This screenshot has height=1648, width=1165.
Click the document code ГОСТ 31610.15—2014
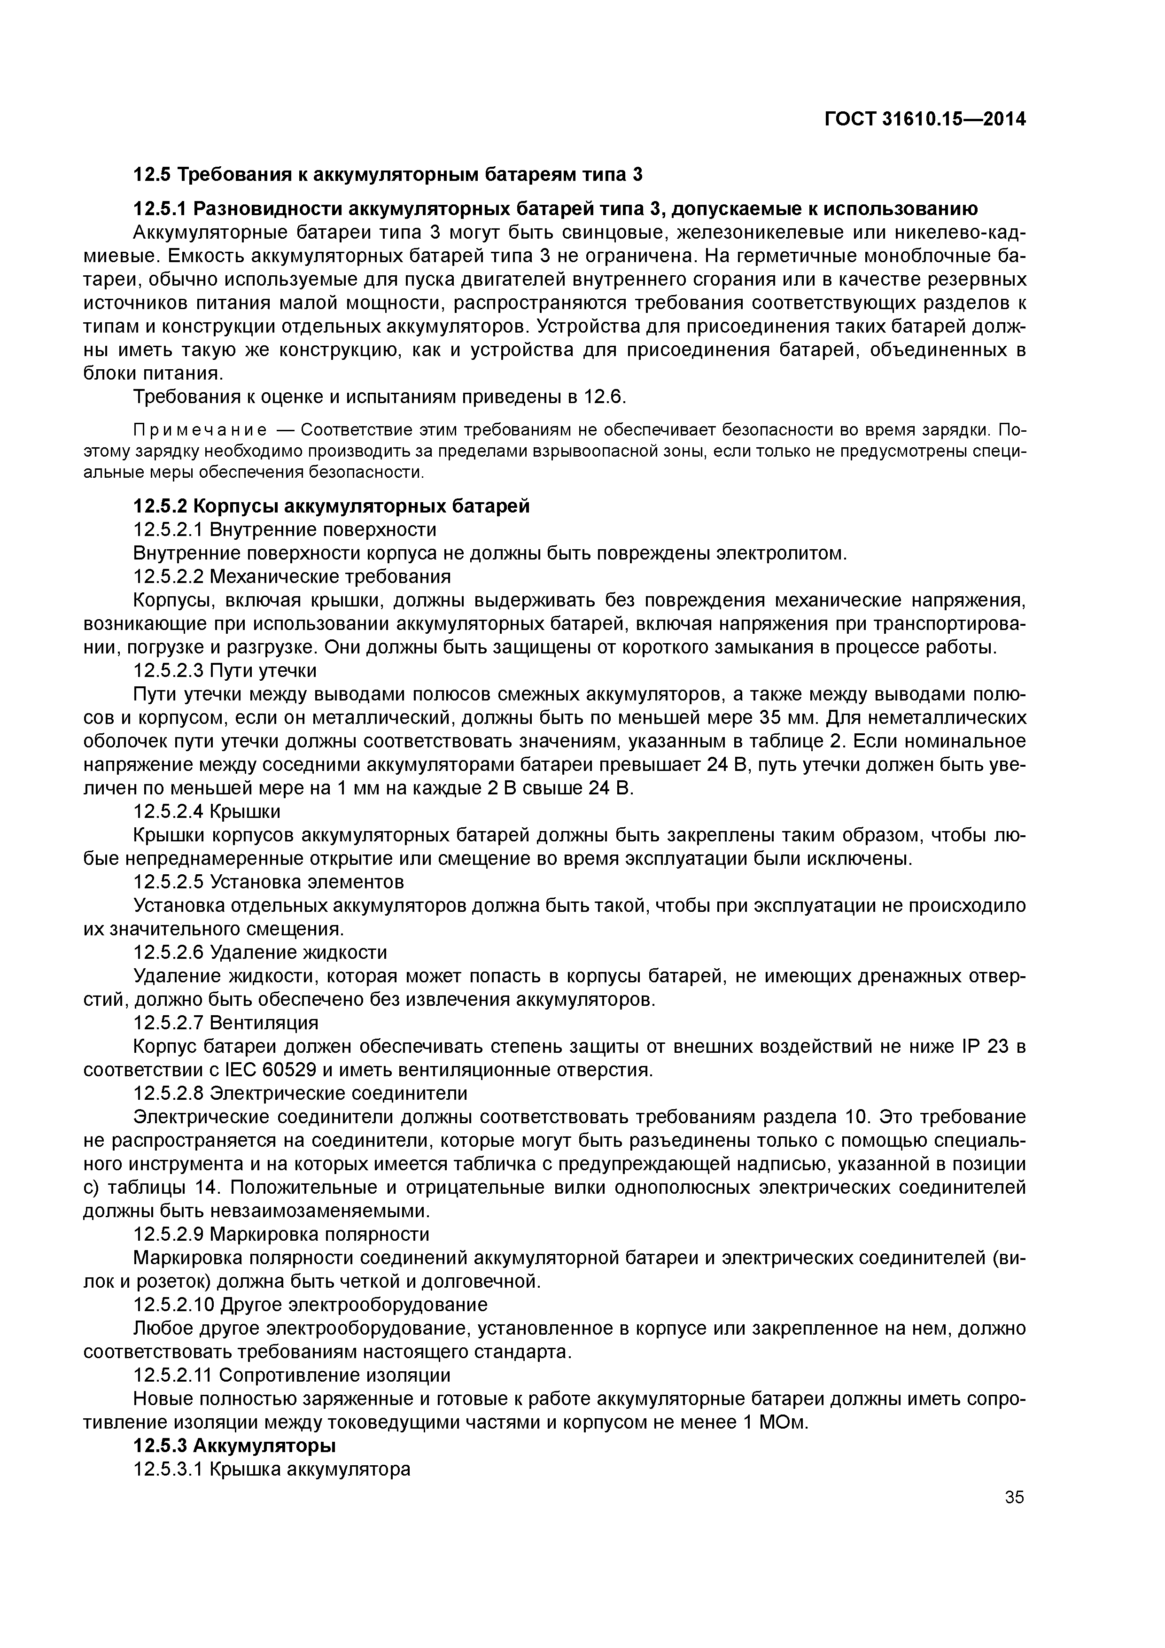pyautogui.click(x=924, y=119)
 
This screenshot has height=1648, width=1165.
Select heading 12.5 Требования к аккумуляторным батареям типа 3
pyautogui.click(x=388, y=174)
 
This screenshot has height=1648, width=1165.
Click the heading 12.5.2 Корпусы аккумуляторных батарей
pyautogui.click(x=332, y=506)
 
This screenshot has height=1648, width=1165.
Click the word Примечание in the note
pyautogui.click(x=200, y=430)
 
